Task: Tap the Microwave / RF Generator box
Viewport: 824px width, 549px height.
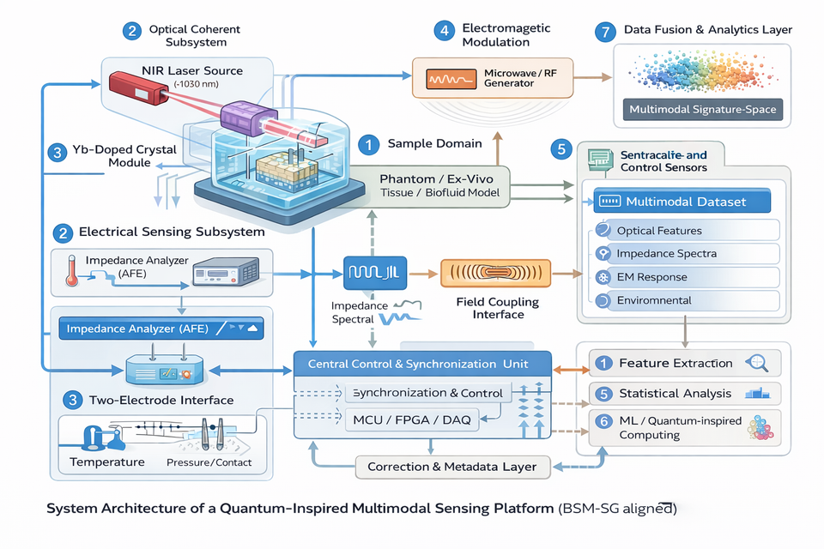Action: [x=489, y=77]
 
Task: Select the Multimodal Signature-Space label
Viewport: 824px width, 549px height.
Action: [x=702, y=110]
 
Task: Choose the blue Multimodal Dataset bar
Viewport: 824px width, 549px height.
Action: [x=682, y=202]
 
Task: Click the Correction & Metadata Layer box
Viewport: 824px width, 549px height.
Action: [x=451, y=467]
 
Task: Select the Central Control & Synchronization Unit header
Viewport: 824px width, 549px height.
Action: [x=422, y=364]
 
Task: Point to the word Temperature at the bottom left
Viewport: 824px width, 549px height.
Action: [x=107, y=462]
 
